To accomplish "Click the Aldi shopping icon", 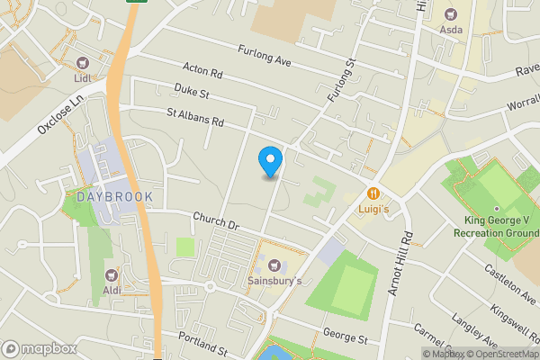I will (112, 274).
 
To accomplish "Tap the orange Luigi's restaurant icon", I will (372, 193).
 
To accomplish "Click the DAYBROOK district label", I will (114, 196).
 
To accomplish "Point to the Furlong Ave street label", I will (265, 56).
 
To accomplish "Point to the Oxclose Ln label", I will (58, 118).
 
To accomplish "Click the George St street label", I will (346, 339).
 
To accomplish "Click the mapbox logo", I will (39, 348).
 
